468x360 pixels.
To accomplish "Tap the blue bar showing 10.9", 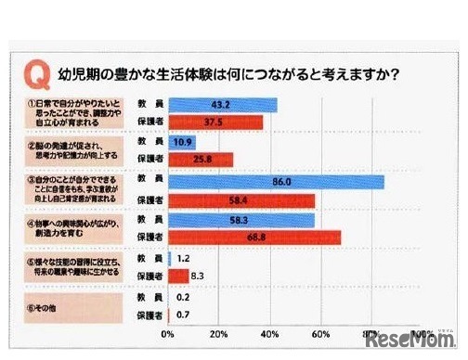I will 182,143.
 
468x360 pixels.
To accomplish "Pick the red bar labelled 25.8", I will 201,160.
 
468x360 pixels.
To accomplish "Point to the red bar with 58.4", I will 241,200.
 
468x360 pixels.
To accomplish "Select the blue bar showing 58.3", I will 241,221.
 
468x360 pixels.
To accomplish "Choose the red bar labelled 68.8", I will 254,238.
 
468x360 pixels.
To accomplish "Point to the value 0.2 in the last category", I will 183,297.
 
